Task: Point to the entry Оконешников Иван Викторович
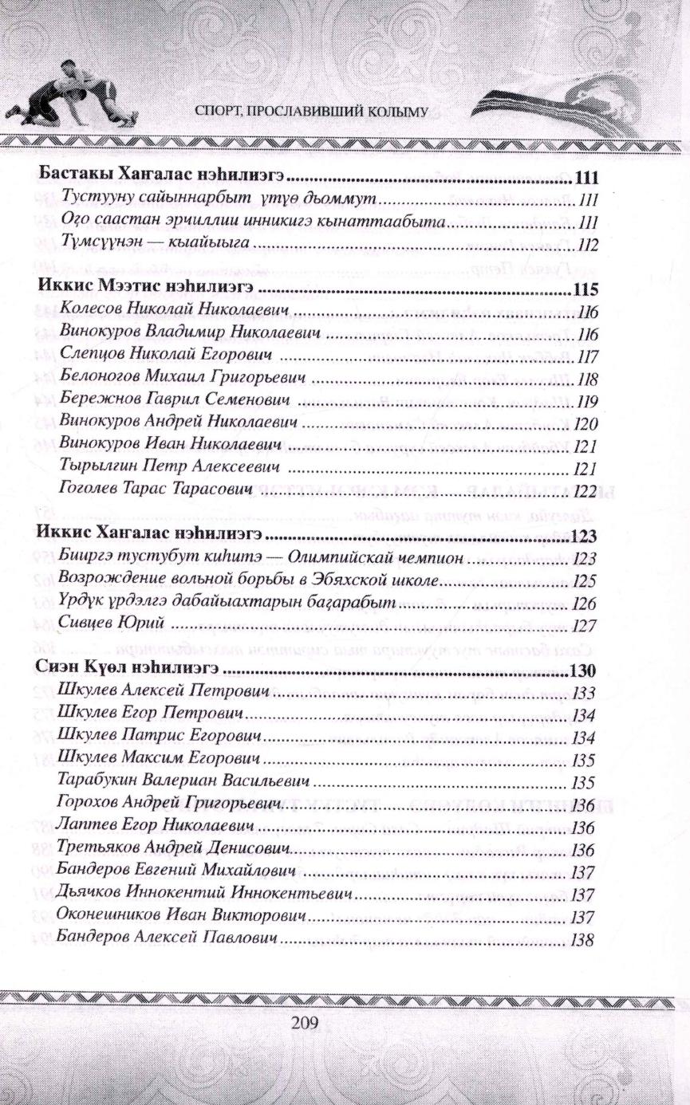coord(183,917)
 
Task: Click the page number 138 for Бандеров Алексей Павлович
coord(583,940)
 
